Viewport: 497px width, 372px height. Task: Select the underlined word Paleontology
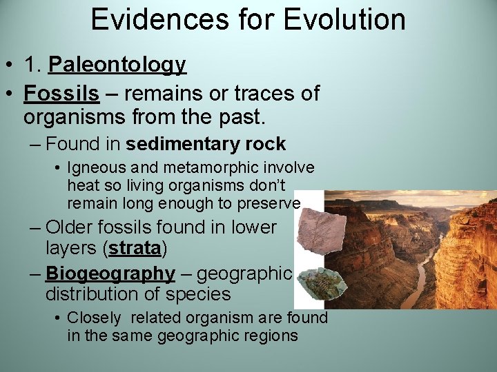tap(117, 65)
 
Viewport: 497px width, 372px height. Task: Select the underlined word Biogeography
tap(110, 273)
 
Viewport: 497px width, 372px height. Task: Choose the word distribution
tap(94, 294)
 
